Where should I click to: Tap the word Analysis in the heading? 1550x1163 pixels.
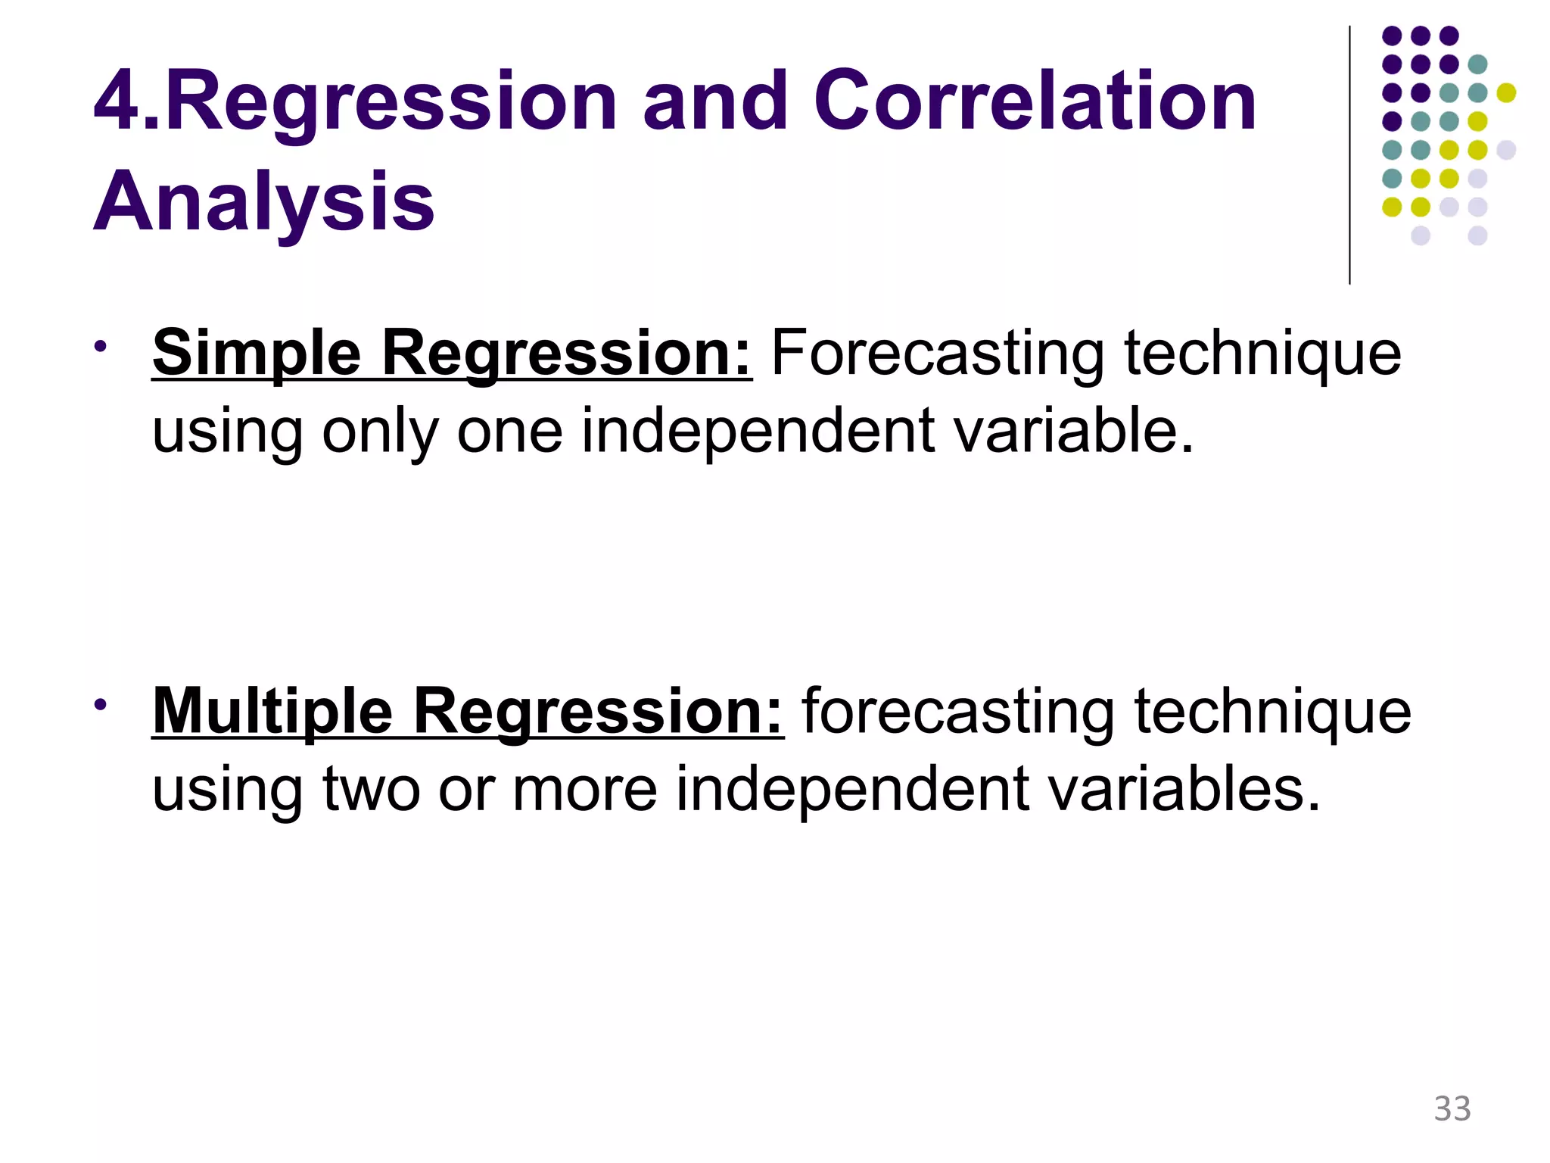coord(263,201)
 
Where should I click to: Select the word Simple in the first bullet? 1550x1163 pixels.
coord(257,354)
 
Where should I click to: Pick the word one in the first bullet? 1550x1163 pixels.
coord(509,432)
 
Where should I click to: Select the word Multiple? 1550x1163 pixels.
coord(272,712)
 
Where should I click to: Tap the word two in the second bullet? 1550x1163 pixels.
coord(371,789)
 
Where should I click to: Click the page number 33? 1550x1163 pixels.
coord(1452,1108)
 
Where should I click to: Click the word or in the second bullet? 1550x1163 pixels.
coord(465,789)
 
